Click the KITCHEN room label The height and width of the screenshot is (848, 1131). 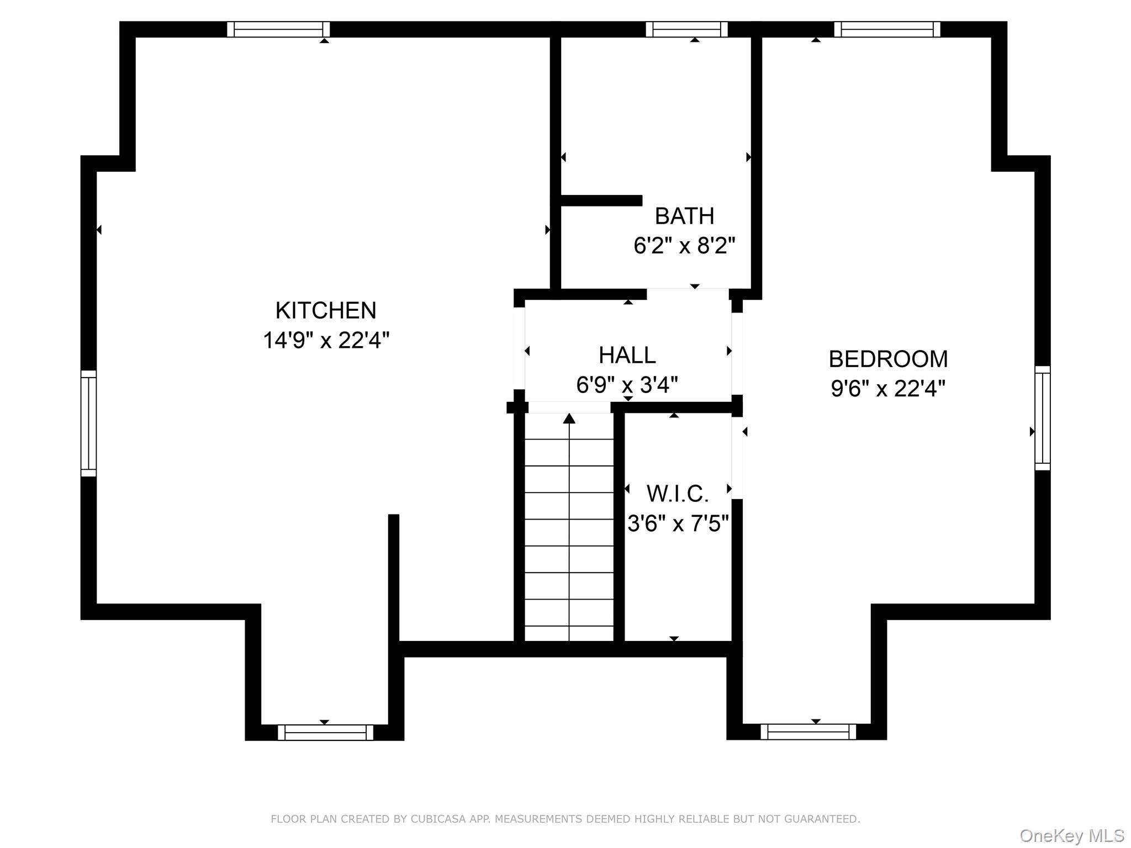pyautogui.click(x=326, y=310)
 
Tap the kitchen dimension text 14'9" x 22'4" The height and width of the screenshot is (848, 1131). pyautogui.click(x=326, y=340)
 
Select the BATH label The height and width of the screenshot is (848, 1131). pyautogui.click(x=684, y=216)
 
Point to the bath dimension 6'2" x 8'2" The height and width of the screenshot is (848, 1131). pyautogui.click(x=684, y=245)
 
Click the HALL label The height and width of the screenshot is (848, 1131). pyautogui.click(x=627, y=355)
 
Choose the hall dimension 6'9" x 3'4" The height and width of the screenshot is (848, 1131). pyautogui.click(x=627, y=384)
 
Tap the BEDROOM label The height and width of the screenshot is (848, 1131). pyautogui.click(x=888, y=359)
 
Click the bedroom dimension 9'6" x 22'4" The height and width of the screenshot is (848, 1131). pyautogui.click(x=888, y=389)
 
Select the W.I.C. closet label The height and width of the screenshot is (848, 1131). pyautogui.click(x=678, y=494)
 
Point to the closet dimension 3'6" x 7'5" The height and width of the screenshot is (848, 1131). pyautogui.click(x=678, y=523)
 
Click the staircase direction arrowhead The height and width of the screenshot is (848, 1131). pyautogui.click(x=569, y=418)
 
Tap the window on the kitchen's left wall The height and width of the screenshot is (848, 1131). pyautogui.click(x=88, y=423)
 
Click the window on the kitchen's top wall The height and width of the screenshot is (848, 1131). pyautogui.click(x=278, y=29)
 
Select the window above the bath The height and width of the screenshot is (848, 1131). pyautogui.click(x=686, y=29)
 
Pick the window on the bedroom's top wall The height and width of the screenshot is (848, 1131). pyautogui.click(x=887, y=29)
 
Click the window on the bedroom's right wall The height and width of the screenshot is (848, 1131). pyautogui.click(x=1042, y=418)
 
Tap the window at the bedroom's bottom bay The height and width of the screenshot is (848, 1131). pyautogui.click(x=808, y=732)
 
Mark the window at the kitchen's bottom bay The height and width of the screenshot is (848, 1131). pyautogui.click(x=325, y=732)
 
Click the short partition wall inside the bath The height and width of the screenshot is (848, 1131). pyautogui.click(x=601, y=200)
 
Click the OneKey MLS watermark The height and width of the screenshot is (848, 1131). pyautogui.click(x=1071, y=835)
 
